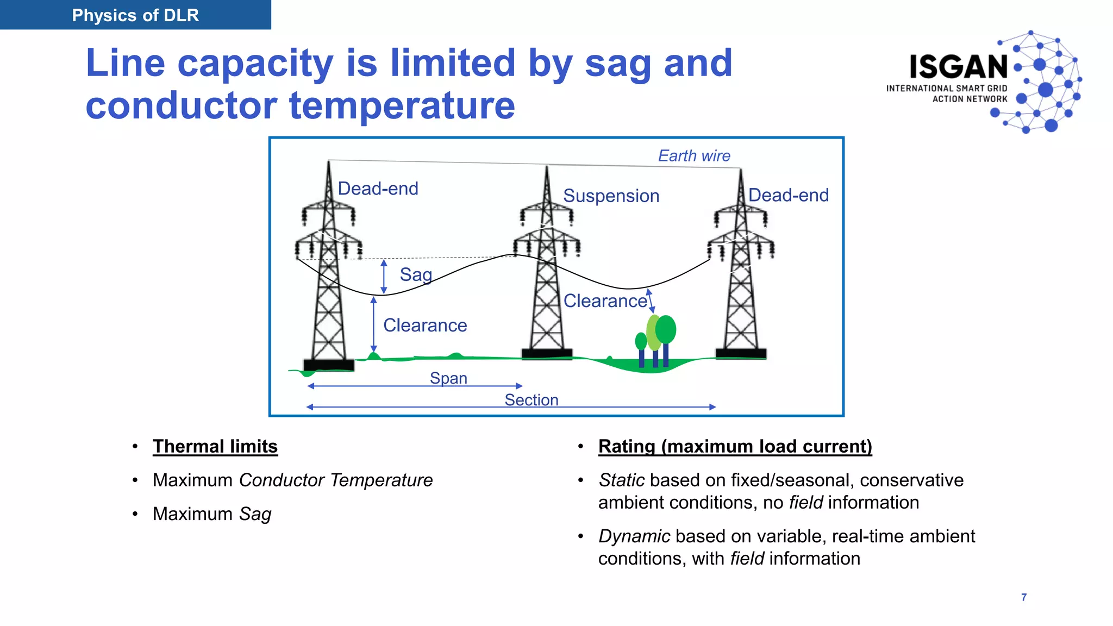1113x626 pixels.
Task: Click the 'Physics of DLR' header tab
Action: (135, 15)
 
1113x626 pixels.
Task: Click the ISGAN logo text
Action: (959, 67)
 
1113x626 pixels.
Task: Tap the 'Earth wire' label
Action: (694, 156)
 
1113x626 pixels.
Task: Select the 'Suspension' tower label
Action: (611, 196)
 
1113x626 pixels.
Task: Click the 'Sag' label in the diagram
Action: (416, 274)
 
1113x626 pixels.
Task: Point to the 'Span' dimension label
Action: (448, 378)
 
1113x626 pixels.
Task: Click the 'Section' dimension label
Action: (531, 400)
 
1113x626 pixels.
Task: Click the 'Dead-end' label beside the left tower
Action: (378, 189)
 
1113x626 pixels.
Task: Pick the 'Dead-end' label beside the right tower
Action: (788, 195)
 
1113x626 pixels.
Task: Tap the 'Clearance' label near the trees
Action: (605, 301)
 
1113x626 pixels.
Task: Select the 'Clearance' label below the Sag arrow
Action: (425, 325)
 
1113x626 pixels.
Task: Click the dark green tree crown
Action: (666, 329)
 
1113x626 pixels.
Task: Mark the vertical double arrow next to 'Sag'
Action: (384, 277)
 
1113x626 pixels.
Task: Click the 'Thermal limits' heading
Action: (215, 446)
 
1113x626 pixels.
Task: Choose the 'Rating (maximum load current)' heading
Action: (735, 446)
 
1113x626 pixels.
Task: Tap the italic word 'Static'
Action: (621, 480)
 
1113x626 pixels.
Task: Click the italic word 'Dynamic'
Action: (634, 536)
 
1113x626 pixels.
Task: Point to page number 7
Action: (1024, 597)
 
